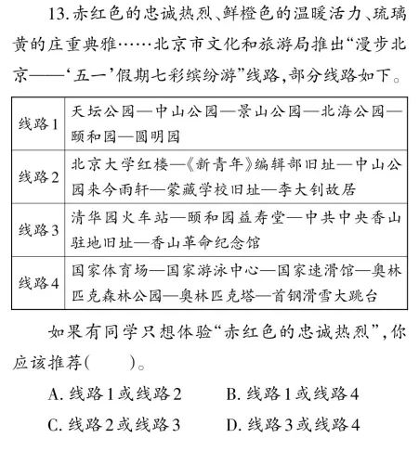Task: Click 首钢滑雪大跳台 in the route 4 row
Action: [x=347, y=292]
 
